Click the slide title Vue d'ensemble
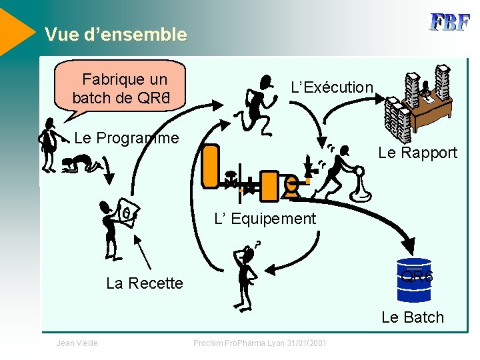coord(115,35)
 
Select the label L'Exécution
coord(332,87)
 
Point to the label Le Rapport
coord(417,153)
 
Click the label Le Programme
coord(127,138)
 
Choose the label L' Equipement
coord(265,218)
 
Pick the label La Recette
coord(144,283)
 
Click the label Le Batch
coord(412,317)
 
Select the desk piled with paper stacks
coord(419,103)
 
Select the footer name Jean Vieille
coord(77,343)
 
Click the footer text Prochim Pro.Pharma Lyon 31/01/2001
coord(259,343)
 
